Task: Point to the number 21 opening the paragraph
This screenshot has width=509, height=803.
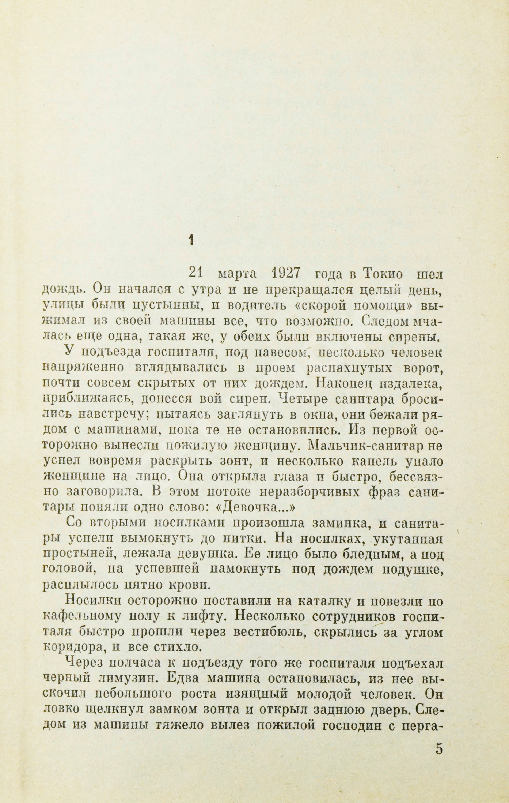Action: [196, 274]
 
